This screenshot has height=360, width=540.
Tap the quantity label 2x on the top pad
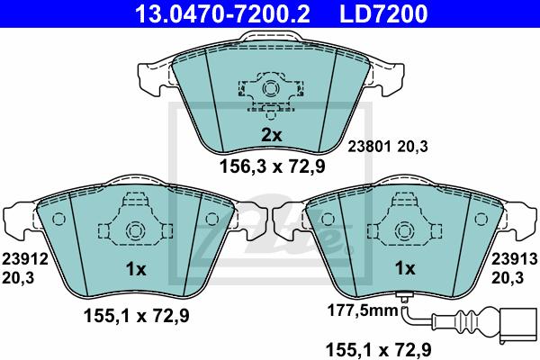pyautogui.click(x=271, y=135)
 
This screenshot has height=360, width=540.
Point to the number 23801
pyautogui.click(x=367, y=145)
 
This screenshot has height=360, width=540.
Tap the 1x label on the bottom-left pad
pyautogui.click(x=134, y=268)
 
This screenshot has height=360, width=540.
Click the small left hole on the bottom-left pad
pyautogui.click(x=57, y=219)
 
